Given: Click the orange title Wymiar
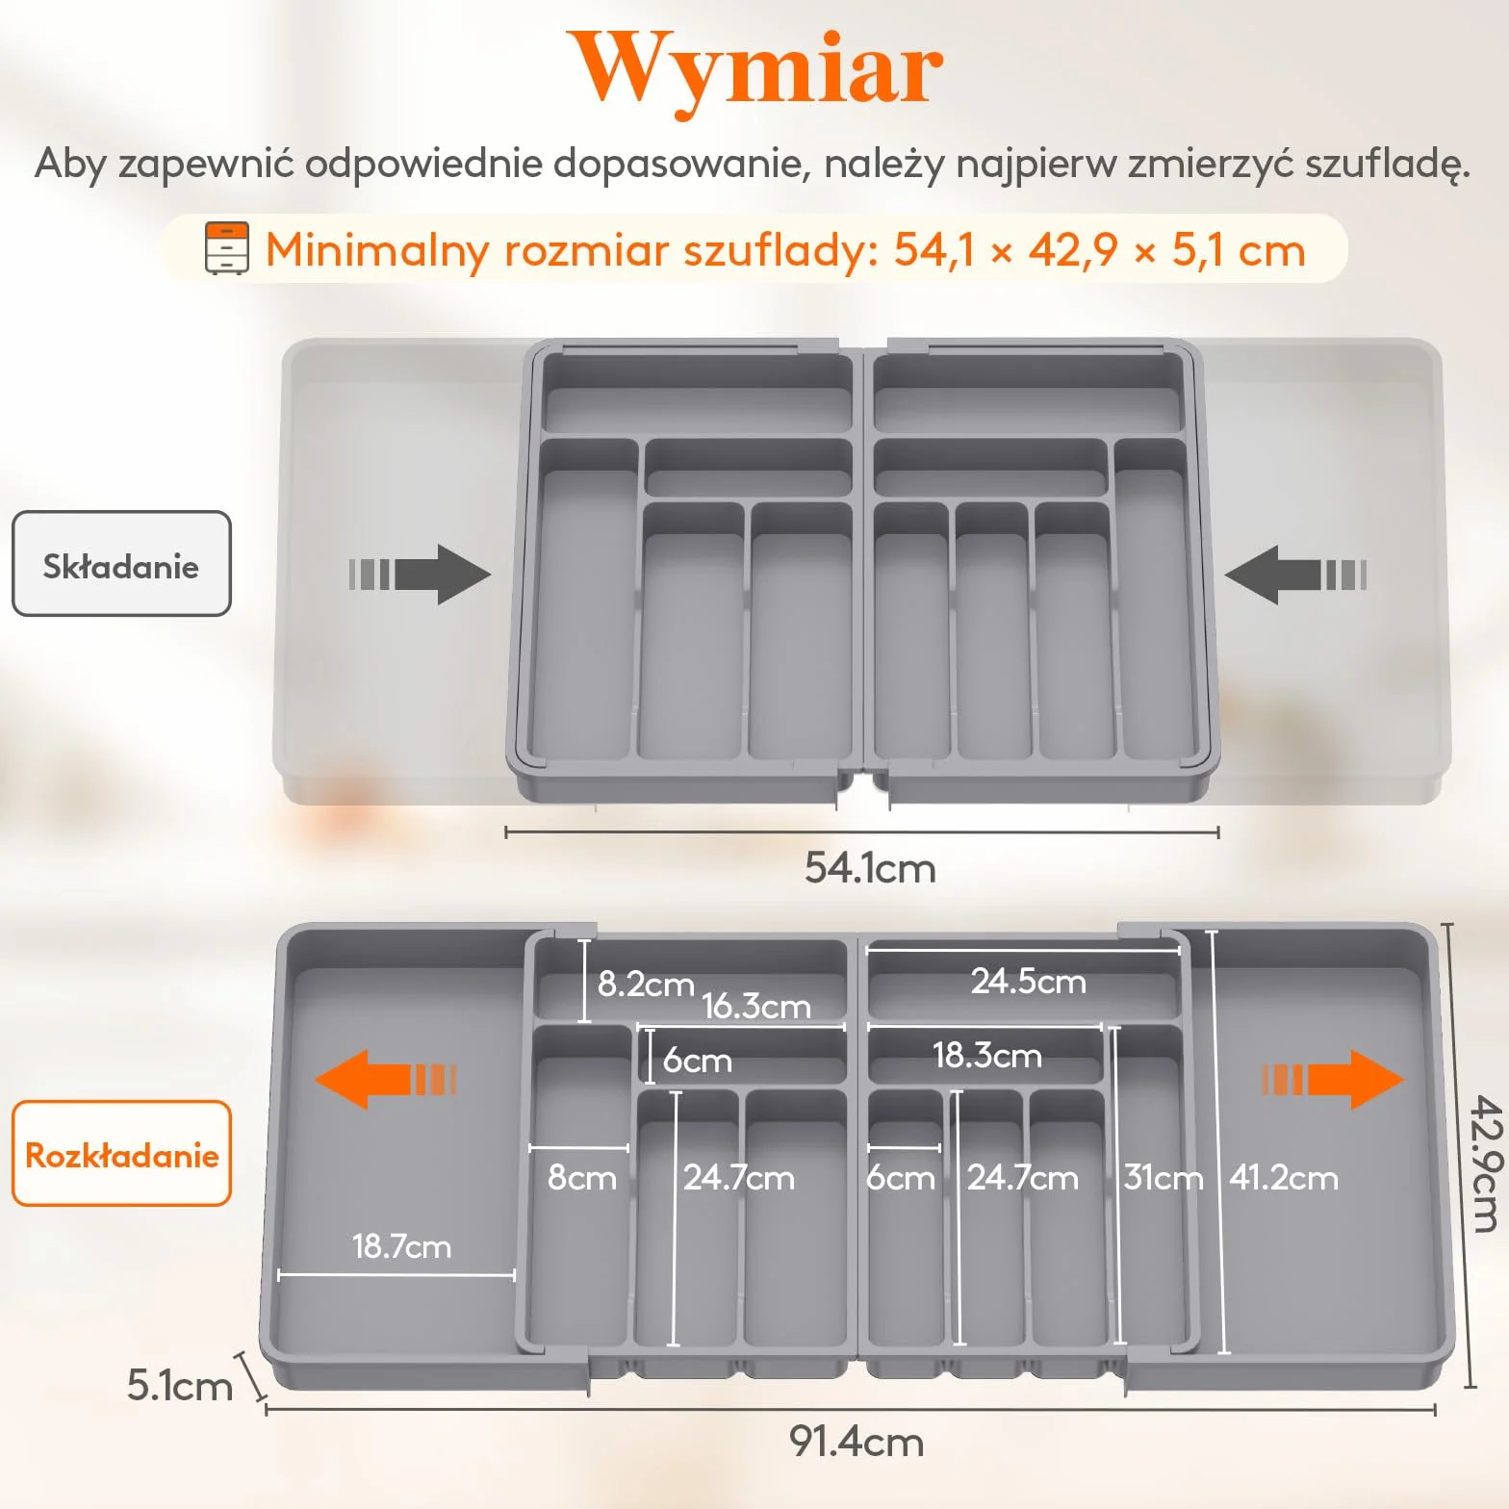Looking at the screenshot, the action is pyautogui.click(x=755, y=69).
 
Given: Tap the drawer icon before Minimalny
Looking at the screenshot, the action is pyautogui.click(x=227, y=248).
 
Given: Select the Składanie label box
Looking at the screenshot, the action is pyautogui.click(x=121, y=564).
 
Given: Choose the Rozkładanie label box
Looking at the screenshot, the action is pyautogui.click(x=121, y=1153).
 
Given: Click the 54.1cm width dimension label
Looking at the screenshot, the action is pyautogui.click(x=870, y=868).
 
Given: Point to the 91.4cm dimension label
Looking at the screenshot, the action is pyautogui.click(x=857, y=1442).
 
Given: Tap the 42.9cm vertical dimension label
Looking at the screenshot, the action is pyautogui.click(x=1486, y=1163).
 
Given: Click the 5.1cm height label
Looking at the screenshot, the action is pyautogui.click(x=180, y=1386).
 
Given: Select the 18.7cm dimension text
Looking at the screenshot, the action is pyautogui.click(x=401, y=1246).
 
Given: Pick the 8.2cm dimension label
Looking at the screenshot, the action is pyautogui.click(x=646, y=984).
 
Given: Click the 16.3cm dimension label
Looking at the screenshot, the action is pyautogui.click(x=756, y=1007).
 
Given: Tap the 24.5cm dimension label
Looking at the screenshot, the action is pyautogui.click(x=1029, y=982).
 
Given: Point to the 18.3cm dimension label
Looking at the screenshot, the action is pyautogui.click(x=987, y=1056).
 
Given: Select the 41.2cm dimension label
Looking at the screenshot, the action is pyautogui.click(x=1284, y=1178).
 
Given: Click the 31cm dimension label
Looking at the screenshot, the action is pyautogui.click(x=1164, y=1178).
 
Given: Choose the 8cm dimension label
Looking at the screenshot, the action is pyautogui.click(x=582, y=1178).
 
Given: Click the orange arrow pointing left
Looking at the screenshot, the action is pyautogui.click(x=386, y=1079).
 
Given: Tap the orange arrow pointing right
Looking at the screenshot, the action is pyautogui.click(x=1333, y=1079).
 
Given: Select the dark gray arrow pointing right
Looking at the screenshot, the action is pyautogui.click(x=420, y=575).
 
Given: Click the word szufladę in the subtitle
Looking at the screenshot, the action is pyautogui.click(x=1388, y=165).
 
